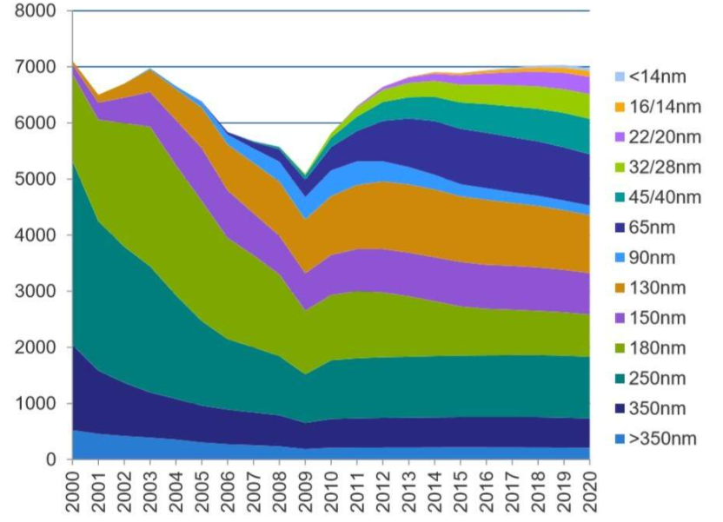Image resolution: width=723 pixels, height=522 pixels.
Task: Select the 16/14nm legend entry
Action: (x=666, y=107)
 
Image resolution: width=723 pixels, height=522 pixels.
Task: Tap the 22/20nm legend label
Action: (x=666, y=136)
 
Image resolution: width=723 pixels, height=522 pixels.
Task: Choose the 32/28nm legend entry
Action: (x=666, y=167)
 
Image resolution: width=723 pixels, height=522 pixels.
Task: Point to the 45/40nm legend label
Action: (x=666, y=197)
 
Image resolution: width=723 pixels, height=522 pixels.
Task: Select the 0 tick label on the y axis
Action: (x=50, y=460)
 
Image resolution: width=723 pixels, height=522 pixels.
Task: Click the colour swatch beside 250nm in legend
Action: (x=619, y=379)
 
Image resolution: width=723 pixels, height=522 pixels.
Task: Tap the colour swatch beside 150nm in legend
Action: (x=619, y=318)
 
